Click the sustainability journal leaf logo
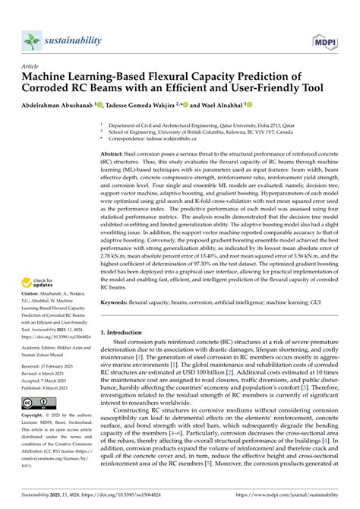(x=31, y=40)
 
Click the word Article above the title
(x=32, y=66)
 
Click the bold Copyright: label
(x=37, y=438)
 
